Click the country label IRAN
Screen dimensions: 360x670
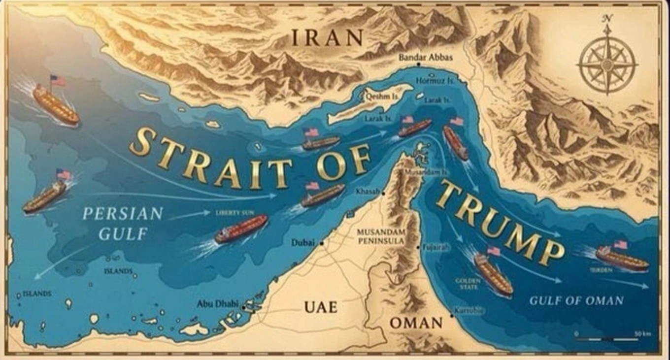[x=327, y=37]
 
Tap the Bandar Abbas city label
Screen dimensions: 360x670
[x=425, y=58]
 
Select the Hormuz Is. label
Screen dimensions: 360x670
[x=435, y=80]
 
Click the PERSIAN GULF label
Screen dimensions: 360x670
[x=123, y=223]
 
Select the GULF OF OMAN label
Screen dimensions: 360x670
[x=576, y=300]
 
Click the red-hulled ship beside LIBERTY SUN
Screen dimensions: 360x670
[x=241, y=229]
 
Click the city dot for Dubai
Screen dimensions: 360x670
[x=322, y=243]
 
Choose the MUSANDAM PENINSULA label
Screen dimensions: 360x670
[x=381, y=236]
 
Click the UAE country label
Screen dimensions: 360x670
[x=321, y=307]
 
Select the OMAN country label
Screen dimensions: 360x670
[x=416, y=323]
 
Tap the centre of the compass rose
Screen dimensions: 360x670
[x=607, y=63]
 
